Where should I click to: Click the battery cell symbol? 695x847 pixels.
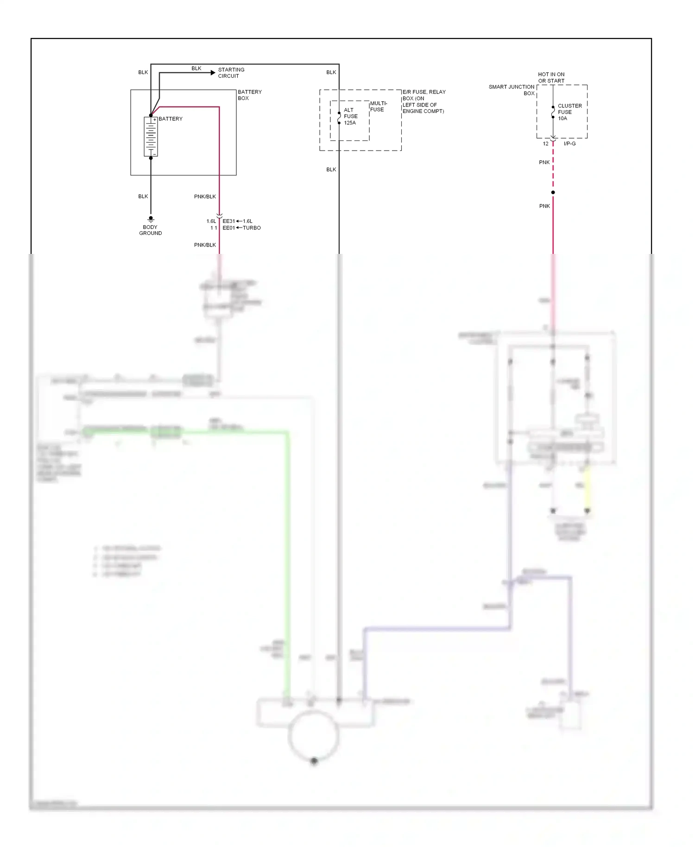[151, 137]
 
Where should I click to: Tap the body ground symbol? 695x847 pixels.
[151, 219]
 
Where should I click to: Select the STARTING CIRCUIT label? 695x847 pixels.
[231, 73]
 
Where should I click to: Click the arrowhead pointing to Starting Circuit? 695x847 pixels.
[213, 73]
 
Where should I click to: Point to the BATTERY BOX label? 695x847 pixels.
[249, 95]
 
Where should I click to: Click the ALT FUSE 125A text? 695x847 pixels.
[350, 116]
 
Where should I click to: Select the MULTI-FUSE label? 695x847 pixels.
[378, 107]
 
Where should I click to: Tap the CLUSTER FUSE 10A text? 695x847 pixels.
[569, 112]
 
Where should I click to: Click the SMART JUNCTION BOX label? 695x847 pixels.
[512, 90]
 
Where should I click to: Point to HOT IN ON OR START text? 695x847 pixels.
[551, 77]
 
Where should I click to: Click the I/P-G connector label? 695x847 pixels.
[569, 144]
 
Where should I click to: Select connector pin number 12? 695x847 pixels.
[545, 144]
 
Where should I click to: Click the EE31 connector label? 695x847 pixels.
[228, 221]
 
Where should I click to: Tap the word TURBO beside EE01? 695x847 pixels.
[252, 228]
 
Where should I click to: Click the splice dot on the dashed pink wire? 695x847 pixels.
[553, 192]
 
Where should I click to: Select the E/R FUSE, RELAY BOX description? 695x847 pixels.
[423, 101]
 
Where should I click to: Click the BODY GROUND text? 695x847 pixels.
[150, 230]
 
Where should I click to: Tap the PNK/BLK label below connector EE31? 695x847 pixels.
[205, 245]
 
